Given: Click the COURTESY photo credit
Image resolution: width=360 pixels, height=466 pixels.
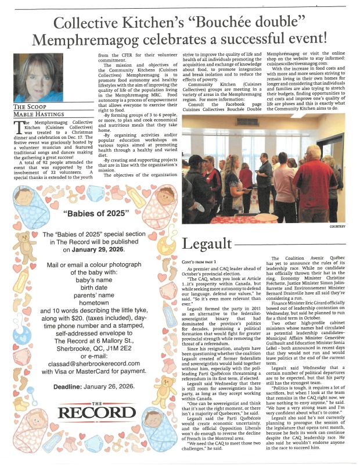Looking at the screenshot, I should click(336, 226).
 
